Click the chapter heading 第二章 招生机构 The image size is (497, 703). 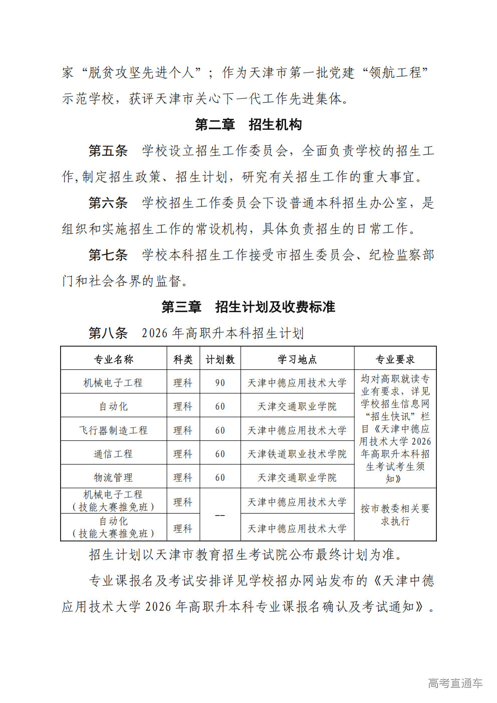tap(248, 125)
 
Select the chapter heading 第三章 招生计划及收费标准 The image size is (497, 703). tap(248, 307)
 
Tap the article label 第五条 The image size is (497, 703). tap(108, 151)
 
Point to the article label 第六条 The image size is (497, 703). tap(108, 203)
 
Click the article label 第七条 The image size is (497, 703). tap(108, 255)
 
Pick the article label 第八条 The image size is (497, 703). tap(108, 333)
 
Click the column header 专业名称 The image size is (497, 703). tap(114, 359)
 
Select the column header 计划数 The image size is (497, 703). tap(220, 359)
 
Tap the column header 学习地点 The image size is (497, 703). tap(297, 359)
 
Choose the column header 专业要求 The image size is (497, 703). tap(395, 359)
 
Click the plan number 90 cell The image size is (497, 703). tap(220, 383)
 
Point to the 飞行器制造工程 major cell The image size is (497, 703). tap(114, 430)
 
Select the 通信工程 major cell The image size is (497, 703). tap(114, 454)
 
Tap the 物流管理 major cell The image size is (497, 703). tap(114, 478)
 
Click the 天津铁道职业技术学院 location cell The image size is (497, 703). tap(297, 454)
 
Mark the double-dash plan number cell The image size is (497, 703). tap(220, 515)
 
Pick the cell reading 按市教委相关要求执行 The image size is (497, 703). tap(395, 515)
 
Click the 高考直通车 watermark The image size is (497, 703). tap(455, 683)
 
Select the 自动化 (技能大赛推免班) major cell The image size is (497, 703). tap(114, 528)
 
